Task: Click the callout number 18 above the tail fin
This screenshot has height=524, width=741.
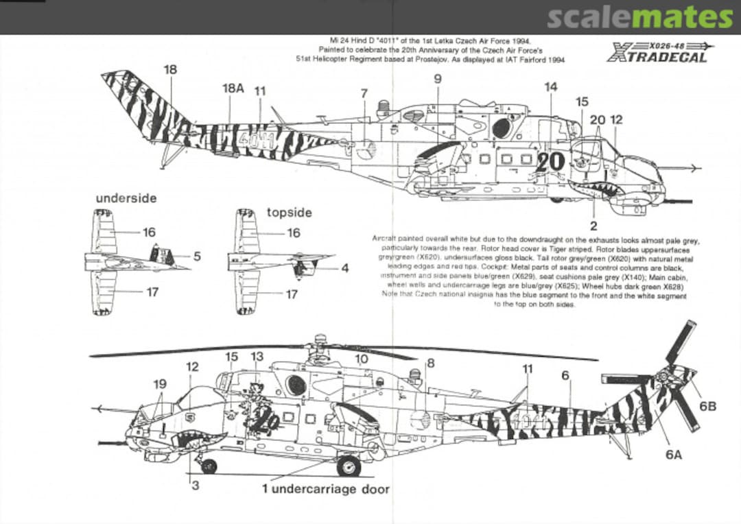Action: coord(170,69)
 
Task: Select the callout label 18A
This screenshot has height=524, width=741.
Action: coord(233,90)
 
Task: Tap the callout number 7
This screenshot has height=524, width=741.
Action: coord(364,93)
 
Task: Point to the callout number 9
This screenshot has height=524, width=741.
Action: coord(438,79)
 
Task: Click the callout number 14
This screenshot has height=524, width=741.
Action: coord(550,86)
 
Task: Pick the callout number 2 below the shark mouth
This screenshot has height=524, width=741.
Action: coord(593,225)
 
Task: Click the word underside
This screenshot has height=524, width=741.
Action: coord(126,198)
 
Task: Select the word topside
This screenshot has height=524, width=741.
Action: coord(289,213)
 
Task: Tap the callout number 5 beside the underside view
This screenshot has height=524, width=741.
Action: coord(196,257)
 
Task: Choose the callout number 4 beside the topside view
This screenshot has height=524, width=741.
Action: coord(344,268)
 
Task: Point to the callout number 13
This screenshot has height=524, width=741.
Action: coord(257,357)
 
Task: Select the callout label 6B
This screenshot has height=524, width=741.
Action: coord(707,406)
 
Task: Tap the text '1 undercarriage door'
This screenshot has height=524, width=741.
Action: coord(326,489)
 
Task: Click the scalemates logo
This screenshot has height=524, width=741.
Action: coord(641,16)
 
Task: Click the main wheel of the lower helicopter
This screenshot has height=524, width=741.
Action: coord(349,466)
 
